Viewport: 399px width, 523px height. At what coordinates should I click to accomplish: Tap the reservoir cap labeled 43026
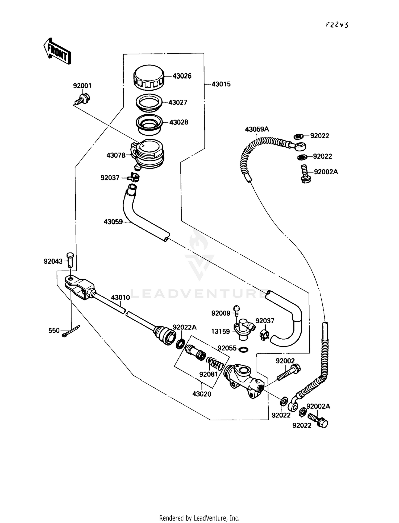click(x=149, y=77)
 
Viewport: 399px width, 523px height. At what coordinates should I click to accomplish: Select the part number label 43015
click(x=221, y=84)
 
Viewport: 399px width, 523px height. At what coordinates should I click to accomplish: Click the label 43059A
click(x=257, y=129)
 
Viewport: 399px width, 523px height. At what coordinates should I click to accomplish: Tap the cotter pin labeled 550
click(x=70, y=331)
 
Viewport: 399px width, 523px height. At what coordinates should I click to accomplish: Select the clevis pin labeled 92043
click(x=70, y=259)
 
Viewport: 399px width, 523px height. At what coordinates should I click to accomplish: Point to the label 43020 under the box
click(x=201, y=394)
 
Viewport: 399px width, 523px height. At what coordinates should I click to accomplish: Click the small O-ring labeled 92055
click(x=244, y=349)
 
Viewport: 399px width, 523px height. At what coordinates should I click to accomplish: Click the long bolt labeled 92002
click(x=289, y=372)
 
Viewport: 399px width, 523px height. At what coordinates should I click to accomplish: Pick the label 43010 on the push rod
click(x=120, y=297)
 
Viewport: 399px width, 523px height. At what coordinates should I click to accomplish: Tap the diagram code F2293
click(x=337, y=25)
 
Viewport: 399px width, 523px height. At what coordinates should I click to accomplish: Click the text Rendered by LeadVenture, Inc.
click(x=199, y=518)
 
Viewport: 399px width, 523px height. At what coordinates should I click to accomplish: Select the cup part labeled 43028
click(x=149, y=123)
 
